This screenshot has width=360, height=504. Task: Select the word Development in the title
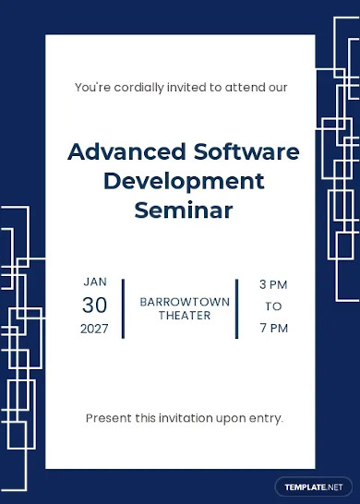(x=184, y=181)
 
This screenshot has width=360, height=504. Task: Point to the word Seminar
(x=184, y=210)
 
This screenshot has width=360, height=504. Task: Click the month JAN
(x=95, y=282)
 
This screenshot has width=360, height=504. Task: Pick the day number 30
(x=95, y=305)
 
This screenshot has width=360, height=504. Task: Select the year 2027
(x=95, y=329)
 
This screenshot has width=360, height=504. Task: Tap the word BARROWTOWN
(x=179, y=302)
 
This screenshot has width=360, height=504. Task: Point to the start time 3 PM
(x=273, y=283)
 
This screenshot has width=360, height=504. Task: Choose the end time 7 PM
(x=273, y=328)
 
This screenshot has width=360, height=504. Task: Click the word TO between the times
(x=273, y=306)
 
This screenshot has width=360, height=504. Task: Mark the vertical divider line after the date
(x=123, y=308)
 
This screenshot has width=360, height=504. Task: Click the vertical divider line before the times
(x=236, y=308)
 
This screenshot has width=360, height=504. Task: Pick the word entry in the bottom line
(x=264, y=418)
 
